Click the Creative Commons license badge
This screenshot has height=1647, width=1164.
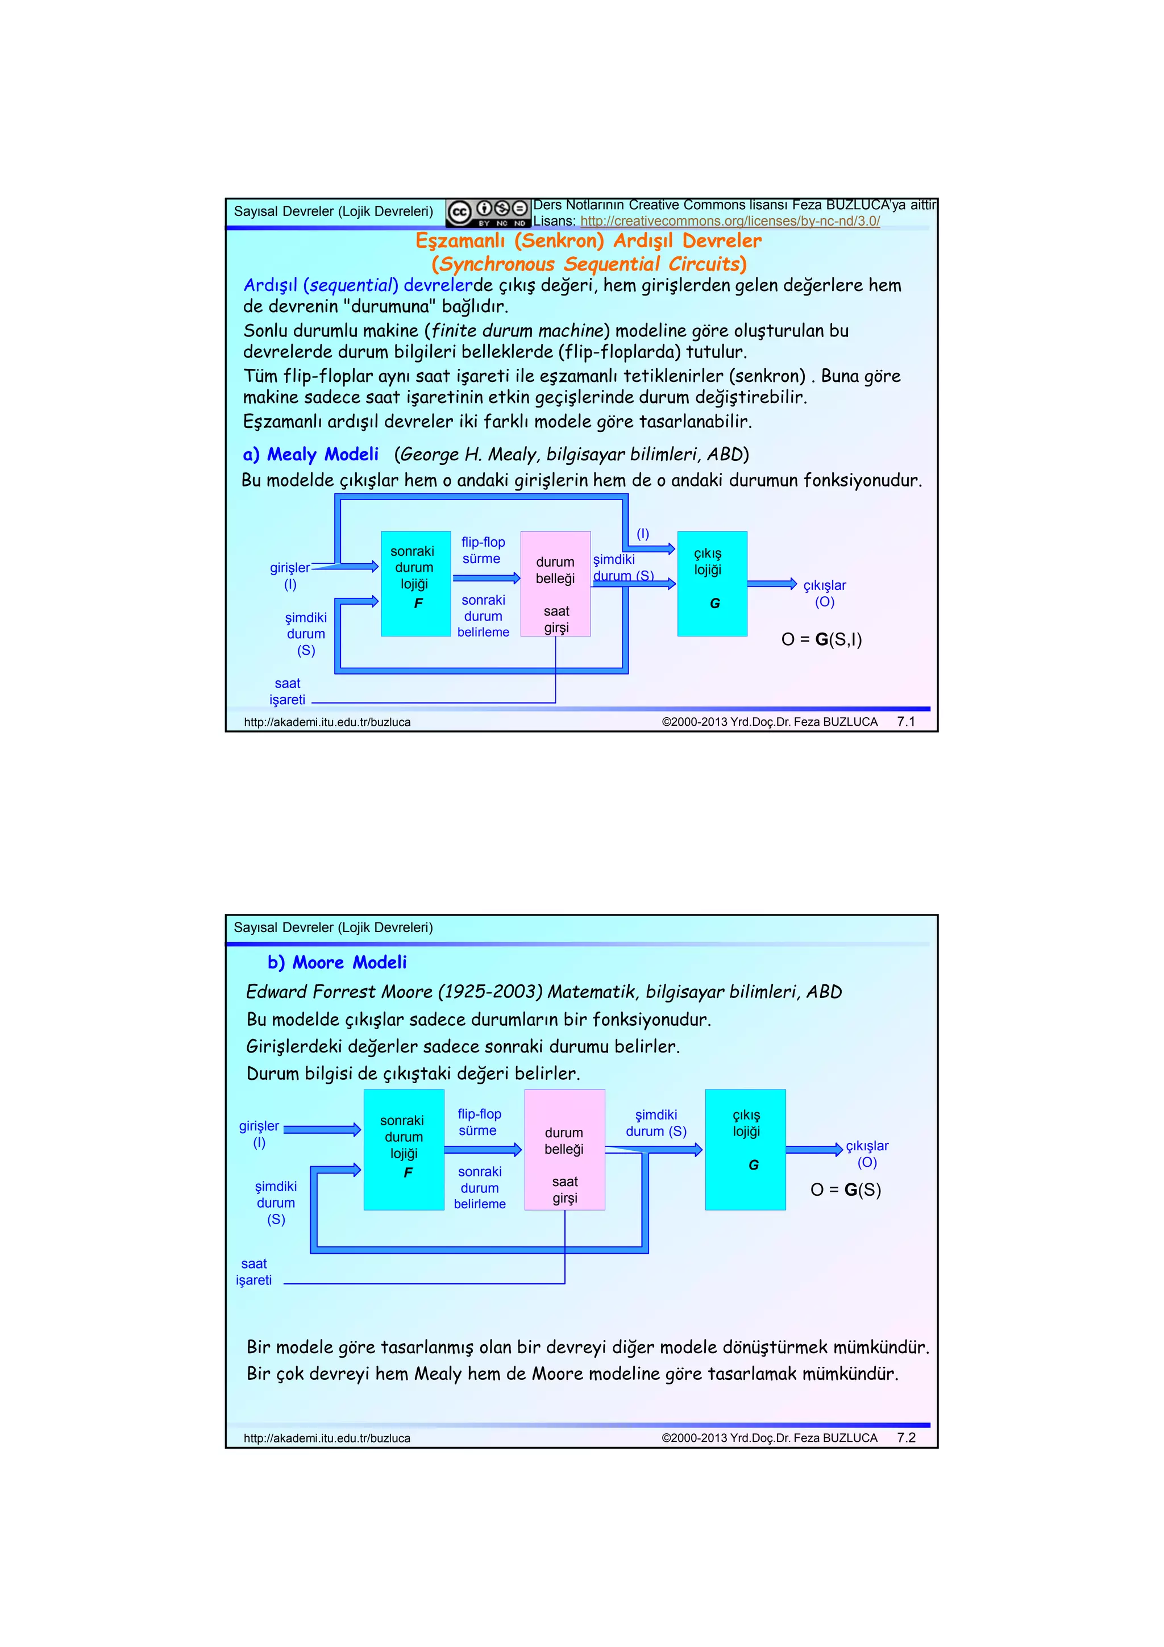[x=488, y=213]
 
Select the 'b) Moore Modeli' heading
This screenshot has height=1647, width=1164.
[x=336, y=962]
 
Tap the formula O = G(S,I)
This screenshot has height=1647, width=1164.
[x=821, y=639]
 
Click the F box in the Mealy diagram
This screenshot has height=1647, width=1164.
[x=415, y=583]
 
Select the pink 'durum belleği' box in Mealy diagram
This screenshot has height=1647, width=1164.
[x=555, y=583]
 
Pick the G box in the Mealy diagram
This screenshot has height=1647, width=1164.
[x=712, y=583]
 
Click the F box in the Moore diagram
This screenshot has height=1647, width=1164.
[x=404, y=1149]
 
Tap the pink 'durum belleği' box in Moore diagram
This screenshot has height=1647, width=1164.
[x=564, y=1149]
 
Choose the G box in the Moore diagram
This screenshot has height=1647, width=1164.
[x=745, y=1149]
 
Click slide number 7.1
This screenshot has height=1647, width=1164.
[x=906, y=722]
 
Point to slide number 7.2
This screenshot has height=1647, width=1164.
[x=906, y=1437]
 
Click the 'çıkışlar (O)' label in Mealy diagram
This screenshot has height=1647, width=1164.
[x=824, y=593]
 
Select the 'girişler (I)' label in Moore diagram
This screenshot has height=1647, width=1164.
[x=259, y=1134]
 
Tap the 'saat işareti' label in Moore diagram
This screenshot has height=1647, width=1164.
[x=254, y=1272]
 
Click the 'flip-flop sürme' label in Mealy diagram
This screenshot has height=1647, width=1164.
[x=483, y=550]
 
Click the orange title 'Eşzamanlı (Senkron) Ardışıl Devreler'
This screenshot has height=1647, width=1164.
[x=588, y=240]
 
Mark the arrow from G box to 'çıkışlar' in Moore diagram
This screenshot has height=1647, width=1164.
[x=814, y=1149]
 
